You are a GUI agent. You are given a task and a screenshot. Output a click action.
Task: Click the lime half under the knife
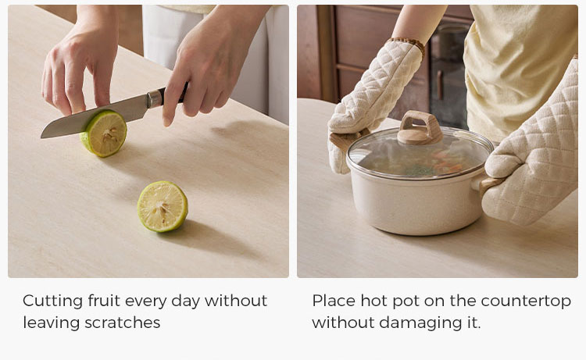coord(104,134)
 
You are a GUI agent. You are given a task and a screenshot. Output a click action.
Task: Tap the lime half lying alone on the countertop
coord(163,206)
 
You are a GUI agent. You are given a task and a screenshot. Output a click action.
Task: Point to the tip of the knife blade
coord(42,137)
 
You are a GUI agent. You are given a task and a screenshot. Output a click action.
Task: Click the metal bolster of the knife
coord(155,99)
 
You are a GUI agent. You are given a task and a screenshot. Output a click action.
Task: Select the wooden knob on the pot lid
coord(420,129)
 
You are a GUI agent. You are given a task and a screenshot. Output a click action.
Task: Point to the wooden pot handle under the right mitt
coord(489,186)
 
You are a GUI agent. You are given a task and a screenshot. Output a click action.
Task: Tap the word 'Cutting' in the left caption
coord(52,301)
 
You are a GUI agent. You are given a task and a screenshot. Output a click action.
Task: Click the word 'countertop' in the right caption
coord(526,301)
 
